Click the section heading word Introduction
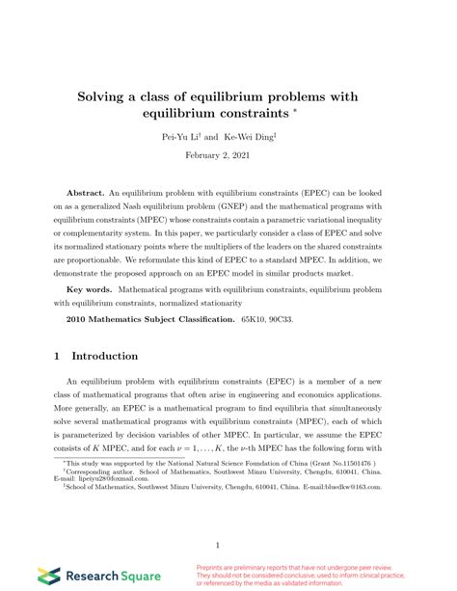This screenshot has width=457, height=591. tap(105, 356)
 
